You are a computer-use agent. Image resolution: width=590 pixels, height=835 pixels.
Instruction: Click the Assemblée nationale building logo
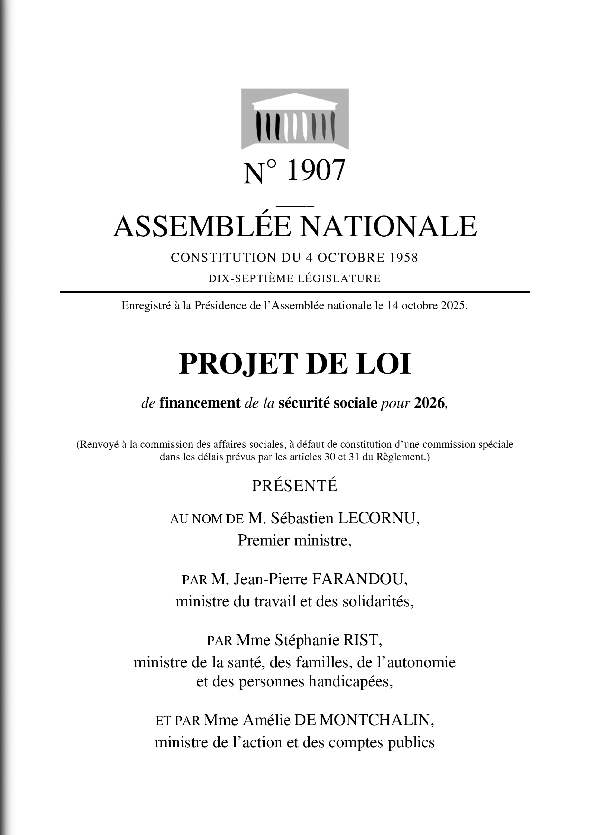pos(295,119)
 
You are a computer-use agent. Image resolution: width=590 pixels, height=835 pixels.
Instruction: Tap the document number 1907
pos(315,171)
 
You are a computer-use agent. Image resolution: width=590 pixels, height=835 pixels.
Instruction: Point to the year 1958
pos(403,258)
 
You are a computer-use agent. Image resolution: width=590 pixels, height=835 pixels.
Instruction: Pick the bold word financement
pos(200,403)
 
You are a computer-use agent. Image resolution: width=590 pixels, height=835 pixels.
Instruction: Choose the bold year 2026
pos(429,403)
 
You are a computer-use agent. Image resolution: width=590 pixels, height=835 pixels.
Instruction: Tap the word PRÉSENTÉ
pos(295,486)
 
